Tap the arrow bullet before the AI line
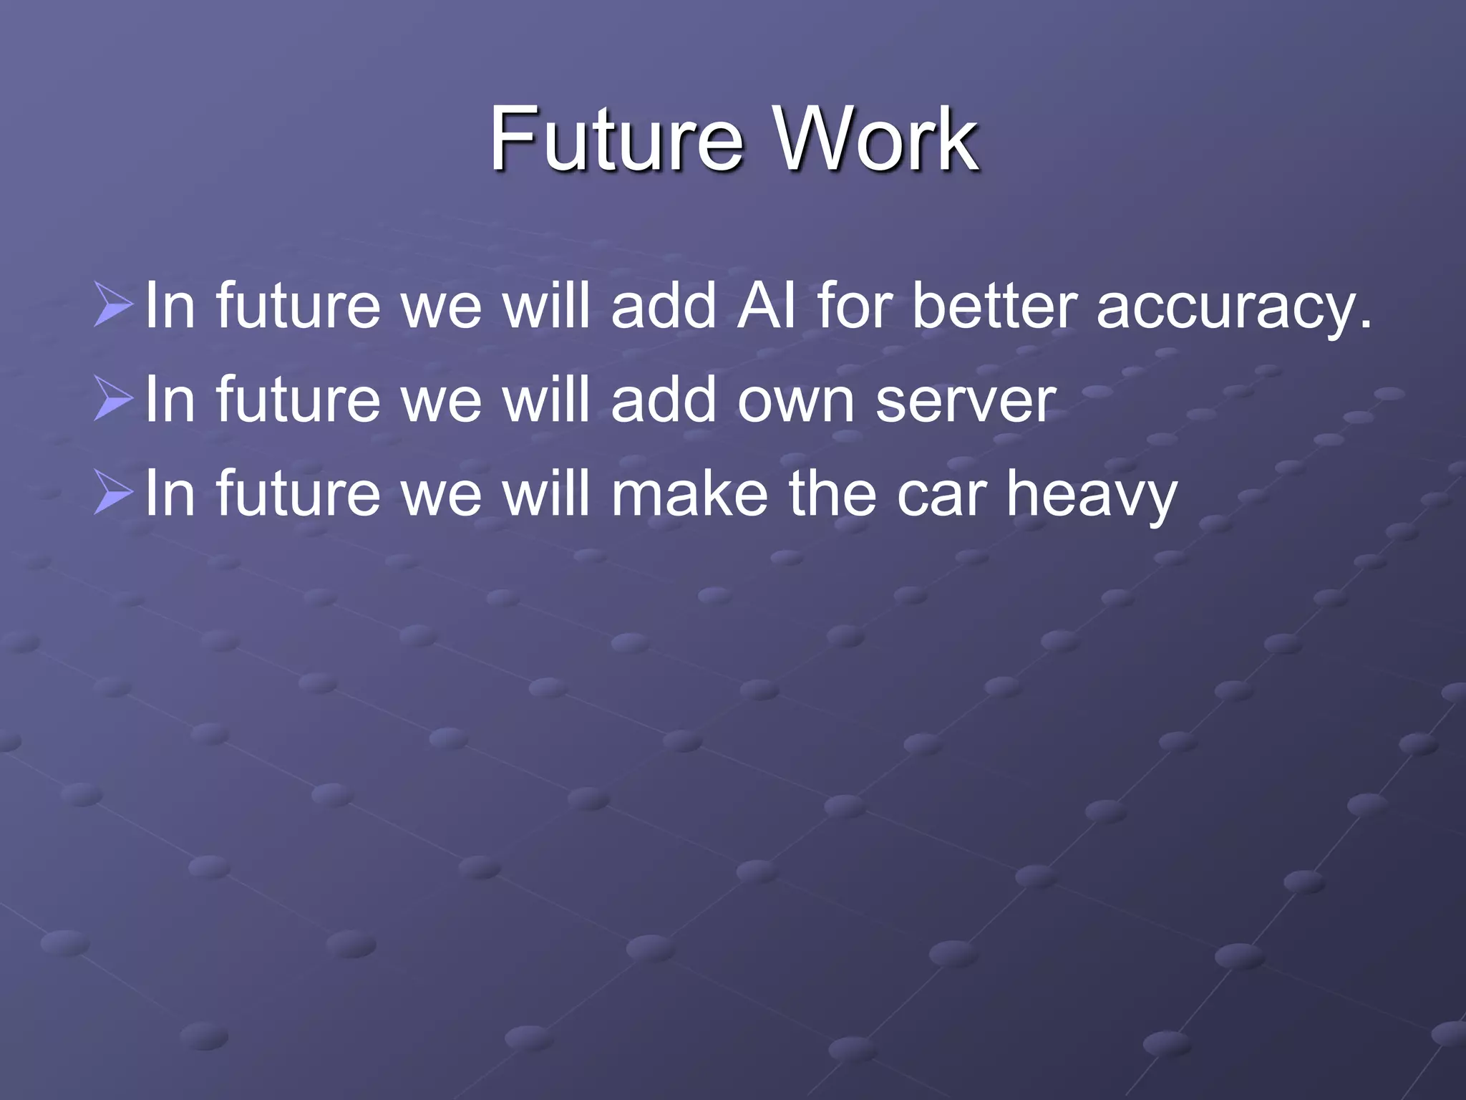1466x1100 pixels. (x=113, y=305)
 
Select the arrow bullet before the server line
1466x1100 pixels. (x=113, y=399)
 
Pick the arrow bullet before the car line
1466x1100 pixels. (x=113, y=493)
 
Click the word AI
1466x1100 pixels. (x=767, y=305)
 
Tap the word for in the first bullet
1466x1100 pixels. (x=854, y=305)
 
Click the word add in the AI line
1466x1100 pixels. (x=664, y=305)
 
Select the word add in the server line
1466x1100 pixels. (x=664, y=399)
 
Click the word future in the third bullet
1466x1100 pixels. (x=298, y=493)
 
